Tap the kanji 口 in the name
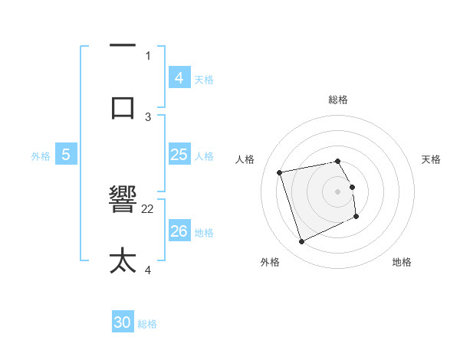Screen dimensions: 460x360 tap(123, 106)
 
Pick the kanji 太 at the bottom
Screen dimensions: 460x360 tap(123, 260)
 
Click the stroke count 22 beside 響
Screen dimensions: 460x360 tap(148, 208)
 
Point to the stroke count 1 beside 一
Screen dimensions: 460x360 tap(148, 55)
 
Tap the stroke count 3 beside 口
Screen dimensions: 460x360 tap(148, 116)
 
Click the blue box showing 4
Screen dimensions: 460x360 tap(179, 78)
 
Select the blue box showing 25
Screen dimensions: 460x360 tap(179, 155)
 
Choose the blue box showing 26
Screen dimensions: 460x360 tap(179, 231)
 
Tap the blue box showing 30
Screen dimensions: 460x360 tap(122, 322)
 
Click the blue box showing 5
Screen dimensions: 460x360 tap(66, 155)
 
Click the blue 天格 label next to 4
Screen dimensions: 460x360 tap(204, 80)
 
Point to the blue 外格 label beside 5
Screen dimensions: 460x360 tap(41, 156)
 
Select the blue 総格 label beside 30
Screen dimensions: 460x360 tap(147, 324)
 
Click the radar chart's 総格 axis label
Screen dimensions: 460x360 tap(338, 100)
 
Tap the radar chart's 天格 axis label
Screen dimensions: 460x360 tap(431, 159)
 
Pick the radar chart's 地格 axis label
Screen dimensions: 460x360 tap(402, 262)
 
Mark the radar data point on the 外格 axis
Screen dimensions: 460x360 tap(301, 242)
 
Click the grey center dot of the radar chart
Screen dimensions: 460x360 tap(338, 191)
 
